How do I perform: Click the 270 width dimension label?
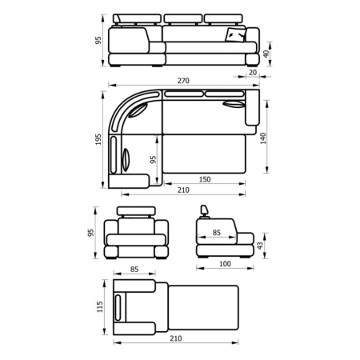183,81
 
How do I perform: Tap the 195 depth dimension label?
98,139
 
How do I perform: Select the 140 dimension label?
263,138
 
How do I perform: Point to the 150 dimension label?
205,179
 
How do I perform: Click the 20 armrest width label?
253,72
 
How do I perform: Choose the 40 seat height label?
266,54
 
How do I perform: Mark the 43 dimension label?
260,246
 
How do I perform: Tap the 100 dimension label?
225,264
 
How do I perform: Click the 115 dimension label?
99,306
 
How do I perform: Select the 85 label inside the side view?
217,233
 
